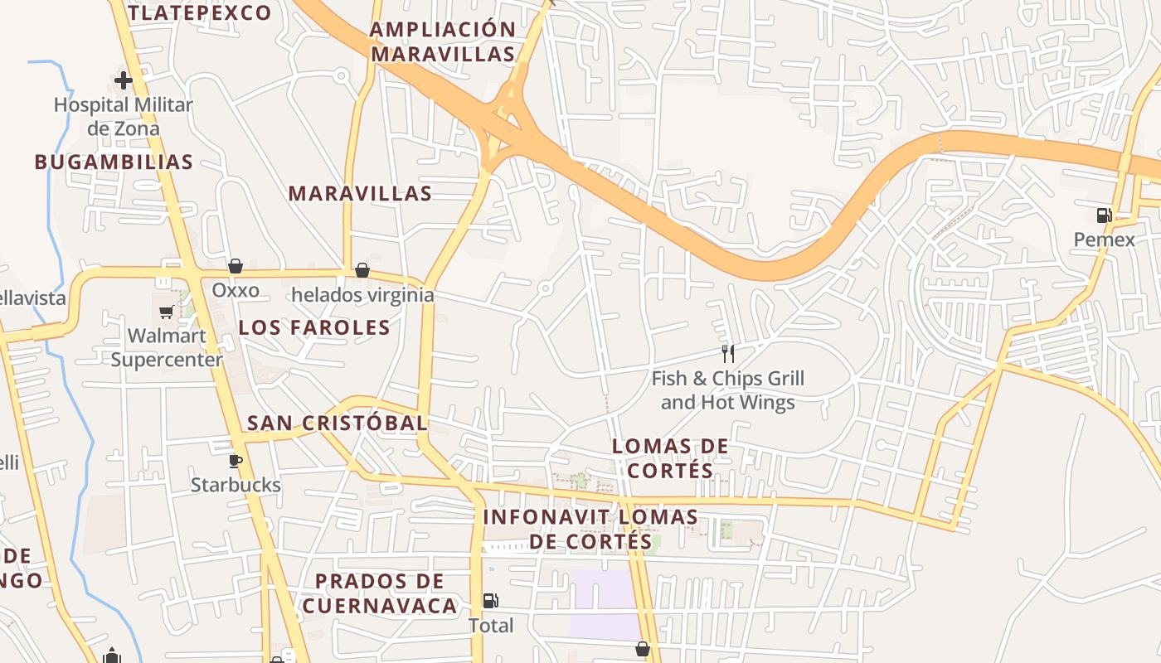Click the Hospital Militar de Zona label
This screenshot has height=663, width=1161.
[x=123, y=117]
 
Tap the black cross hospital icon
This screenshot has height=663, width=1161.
[x=123, y=80]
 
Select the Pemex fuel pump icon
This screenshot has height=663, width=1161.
[x=1104, y=215]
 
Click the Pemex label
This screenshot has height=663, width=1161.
[x=1104, y=240]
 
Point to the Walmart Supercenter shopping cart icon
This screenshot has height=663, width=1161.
[x=166, y=312]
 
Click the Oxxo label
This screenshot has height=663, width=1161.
[x=236, y=291]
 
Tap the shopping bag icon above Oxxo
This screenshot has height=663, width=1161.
[x=236, y=266]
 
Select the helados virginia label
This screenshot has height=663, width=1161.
[x=362, y=295]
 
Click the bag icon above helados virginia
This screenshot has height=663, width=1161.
[x=362, y=270]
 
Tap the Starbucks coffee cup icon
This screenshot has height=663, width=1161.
[x=236, y=460]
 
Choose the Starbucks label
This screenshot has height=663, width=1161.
[x=236, y=485]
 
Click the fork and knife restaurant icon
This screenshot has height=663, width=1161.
[x=727, y=355]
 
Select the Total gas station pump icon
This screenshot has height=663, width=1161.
[x=491, y=601]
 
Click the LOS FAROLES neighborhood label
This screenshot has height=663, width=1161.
[x=314, y=327]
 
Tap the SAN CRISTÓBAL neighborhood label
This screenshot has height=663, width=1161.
[x=338, y=423]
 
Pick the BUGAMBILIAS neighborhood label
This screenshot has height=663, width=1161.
[x=114, y=162]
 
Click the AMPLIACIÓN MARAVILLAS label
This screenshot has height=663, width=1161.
[x=443, y=42]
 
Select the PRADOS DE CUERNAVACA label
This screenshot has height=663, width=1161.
[x=380, y=593]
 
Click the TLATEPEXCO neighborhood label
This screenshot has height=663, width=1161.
[x=200, y=12]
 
